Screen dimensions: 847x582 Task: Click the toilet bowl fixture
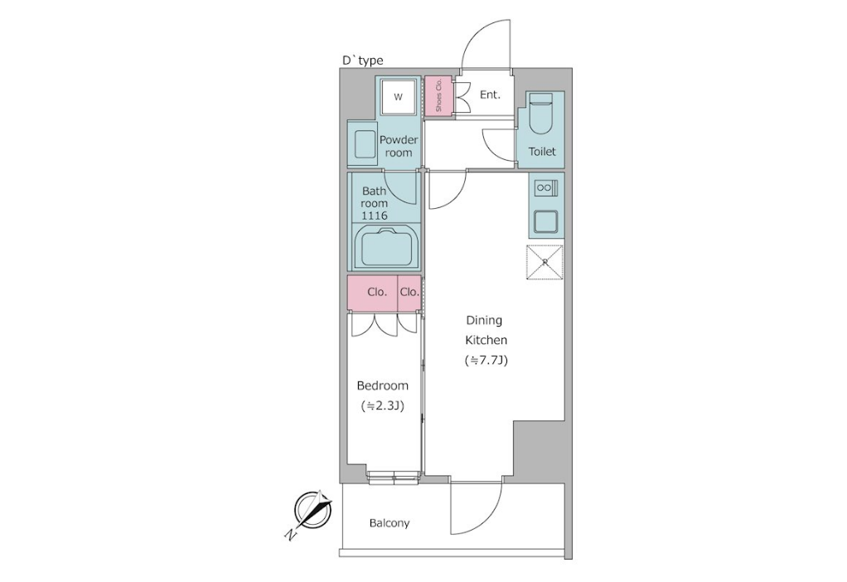tap(540, 114)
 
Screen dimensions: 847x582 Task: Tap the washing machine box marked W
tap(398, 97)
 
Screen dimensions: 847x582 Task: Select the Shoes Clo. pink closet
tap(438, 95)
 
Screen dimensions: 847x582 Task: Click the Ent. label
tap(490, 95)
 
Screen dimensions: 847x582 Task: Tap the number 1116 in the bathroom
tap(375, 216)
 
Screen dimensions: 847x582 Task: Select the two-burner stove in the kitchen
tap(545, 188)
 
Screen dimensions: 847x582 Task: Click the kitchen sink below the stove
tap(545, 221)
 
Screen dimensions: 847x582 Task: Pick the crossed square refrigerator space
tap(545, 263)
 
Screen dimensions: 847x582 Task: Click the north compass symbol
tap(312, 510)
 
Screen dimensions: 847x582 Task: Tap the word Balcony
tap(390, 523)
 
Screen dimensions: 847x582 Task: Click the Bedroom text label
tap(382, 386)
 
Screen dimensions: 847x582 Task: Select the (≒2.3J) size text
tap(382, 405)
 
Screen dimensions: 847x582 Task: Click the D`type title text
tap(363, 60)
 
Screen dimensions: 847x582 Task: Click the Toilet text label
tap(542, 152)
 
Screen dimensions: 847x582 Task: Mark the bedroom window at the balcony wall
tap(394, 476)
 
